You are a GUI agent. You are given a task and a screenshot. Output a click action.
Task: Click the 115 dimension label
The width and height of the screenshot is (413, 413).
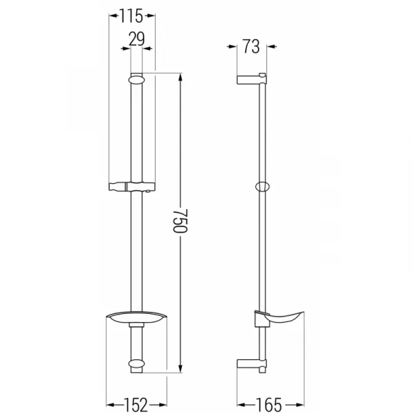(131, 16)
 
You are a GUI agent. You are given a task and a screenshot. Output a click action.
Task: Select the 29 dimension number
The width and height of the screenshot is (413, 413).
(136, 39)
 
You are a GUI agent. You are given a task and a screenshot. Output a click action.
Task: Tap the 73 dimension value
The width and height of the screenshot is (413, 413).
(251, 47)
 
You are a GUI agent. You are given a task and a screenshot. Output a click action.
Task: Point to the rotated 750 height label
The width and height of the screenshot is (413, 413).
(180, 221)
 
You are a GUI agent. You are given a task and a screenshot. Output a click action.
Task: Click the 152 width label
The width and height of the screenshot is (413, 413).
(136, 405)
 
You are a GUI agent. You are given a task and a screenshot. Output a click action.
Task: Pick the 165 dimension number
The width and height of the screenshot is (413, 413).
(268, 405)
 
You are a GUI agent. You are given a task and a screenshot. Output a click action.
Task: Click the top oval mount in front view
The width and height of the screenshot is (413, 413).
(136, 80)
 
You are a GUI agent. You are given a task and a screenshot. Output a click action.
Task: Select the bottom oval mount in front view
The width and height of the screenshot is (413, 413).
(136, 363)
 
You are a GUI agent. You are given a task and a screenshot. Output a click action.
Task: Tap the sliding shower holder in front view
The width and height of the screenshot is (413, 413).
(132, 187)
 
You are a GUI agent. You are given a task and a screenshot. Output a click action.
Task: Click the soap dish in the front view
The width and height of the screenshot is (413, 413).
(136, 317)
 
